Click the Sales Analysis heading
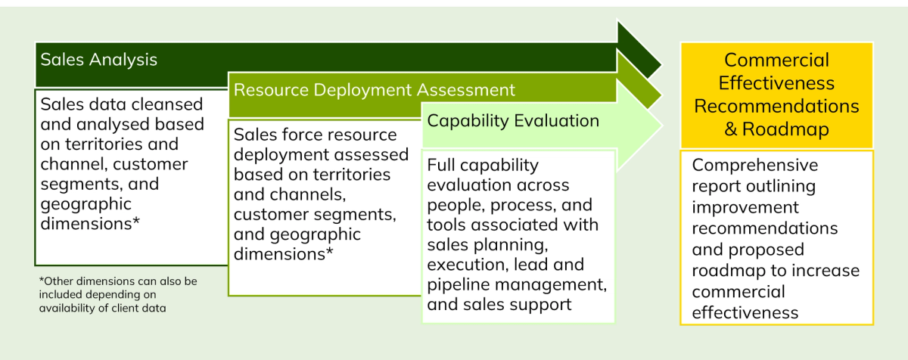(99, 60)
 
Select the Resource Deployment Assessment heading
(375, 90)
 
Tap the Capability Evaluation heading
(513, 120)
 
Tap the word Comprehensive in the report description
(755, 165)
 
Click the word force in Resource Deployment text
(301, 135)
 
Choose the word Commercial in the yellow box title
(776, 61)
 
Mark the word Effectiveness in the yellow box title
(776, 83)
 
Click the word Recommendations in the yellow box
(776, 106)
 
